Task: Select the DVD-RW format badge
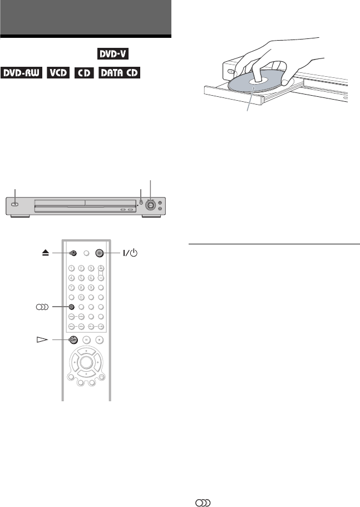21,73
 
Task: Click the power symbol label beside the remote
129,252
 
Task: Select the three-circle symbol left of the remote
43,306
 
